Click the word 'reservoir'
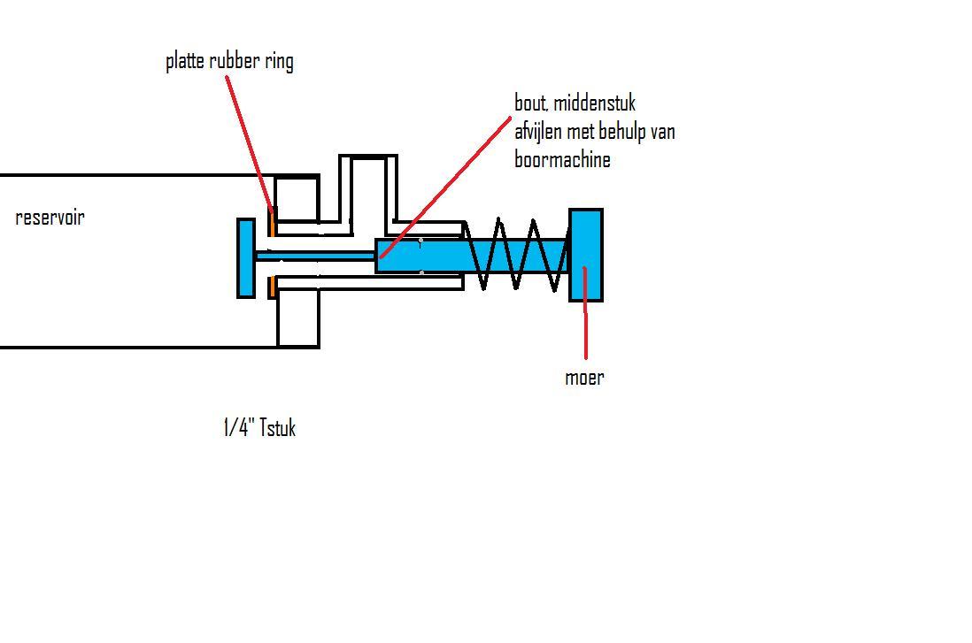50,218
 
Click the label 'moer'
584,378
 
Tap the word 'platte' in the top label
186,62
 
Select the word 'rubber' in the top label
235,61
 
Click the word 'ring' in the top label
279,62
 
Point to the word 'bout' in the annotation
530,103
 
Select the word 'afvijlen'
542,133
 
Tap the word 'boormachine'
562,161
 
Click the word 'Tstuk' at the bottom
277,429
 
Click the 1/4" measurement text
237,429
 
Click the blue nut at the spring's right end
586,255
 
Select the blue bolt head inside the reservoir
246,257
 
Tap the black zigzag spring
516,255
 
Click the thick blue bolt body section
443,256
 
